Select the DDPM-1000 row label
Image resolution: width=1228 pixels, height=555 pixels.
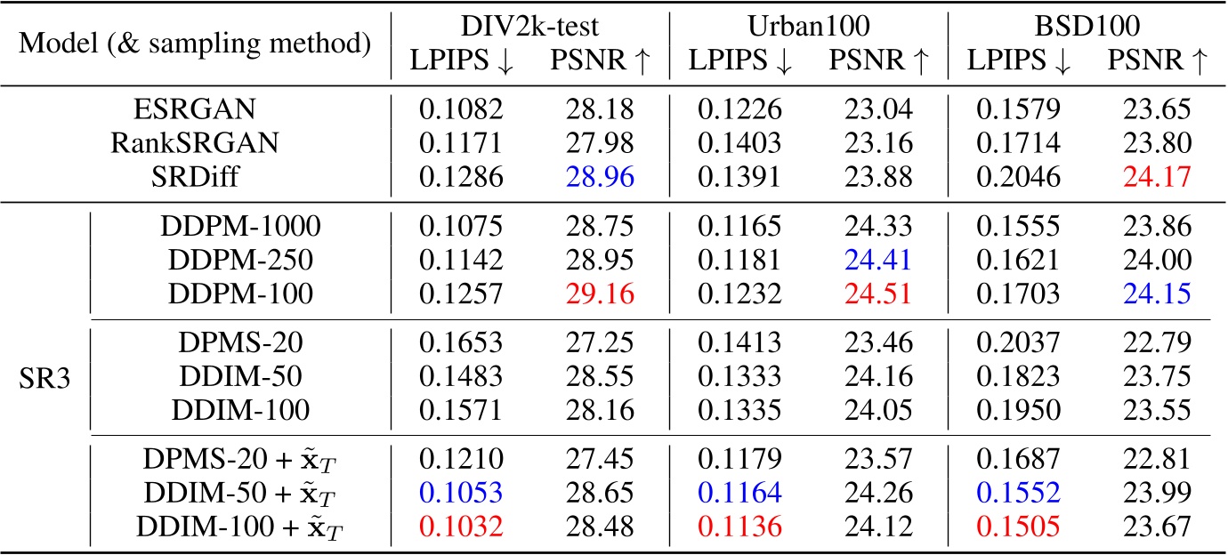(236, 226)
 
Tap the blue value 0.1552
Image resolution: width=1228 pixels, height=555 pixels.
(1018, 494)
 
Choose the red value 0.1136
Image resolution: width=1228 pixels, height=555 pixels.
(739, 527)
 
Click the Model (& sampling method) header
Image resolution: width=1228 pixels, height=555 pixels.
(195, 41)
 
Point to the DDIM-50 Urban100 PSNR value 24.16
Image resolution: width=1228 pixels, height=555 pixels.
(877, 376)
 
